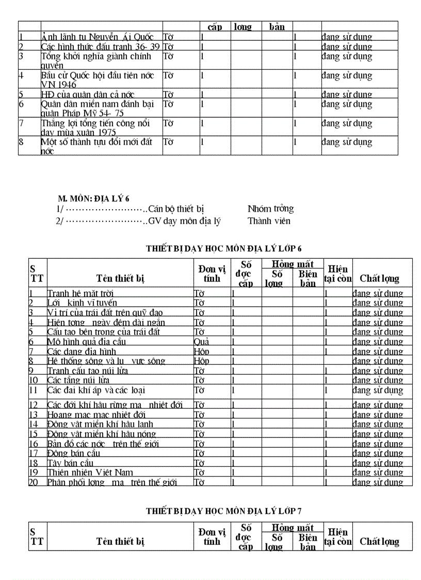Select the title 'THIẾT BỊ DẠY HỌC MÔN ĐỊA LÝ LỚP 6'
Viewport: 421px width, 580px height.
click(223, 248)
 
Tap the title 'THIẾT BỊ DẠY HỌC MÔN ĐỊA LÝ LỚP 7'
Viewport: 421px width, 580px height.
click(223, 511)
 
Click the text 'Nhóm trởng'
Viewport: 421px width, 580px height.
click(270, 209)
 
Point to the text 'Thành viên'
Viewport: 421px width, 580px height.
click(269, 221)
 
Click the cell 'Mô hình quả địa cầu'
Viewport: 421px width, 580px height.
click(87, 342)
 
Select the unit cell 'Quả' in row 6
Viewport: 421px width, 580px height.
click(201, 342)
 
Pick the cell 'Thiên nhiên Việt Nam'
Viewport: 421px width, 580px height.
click(90, 473)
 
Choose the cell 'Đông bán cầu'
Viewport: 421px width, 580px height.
click(73, 453)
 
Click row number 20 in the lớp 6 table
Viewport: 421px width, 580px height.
click(34, 482)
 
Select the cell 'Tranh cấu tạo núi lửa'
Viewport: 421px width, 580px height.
click(88, 371)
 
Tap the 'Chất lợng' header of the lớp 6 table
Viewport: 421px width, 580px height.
click(379, 278)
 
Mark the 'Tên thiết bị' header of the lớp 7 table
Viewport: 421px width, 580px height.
click(120, 541)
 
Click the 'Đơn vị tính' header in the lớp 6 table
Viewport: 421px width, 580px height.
click(212, 273)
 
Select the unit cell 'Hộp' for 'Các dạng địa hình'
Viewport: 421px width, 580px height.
click(201, 352)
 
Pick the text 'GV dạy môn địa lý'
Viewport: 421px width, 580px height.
click(184, 221)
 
